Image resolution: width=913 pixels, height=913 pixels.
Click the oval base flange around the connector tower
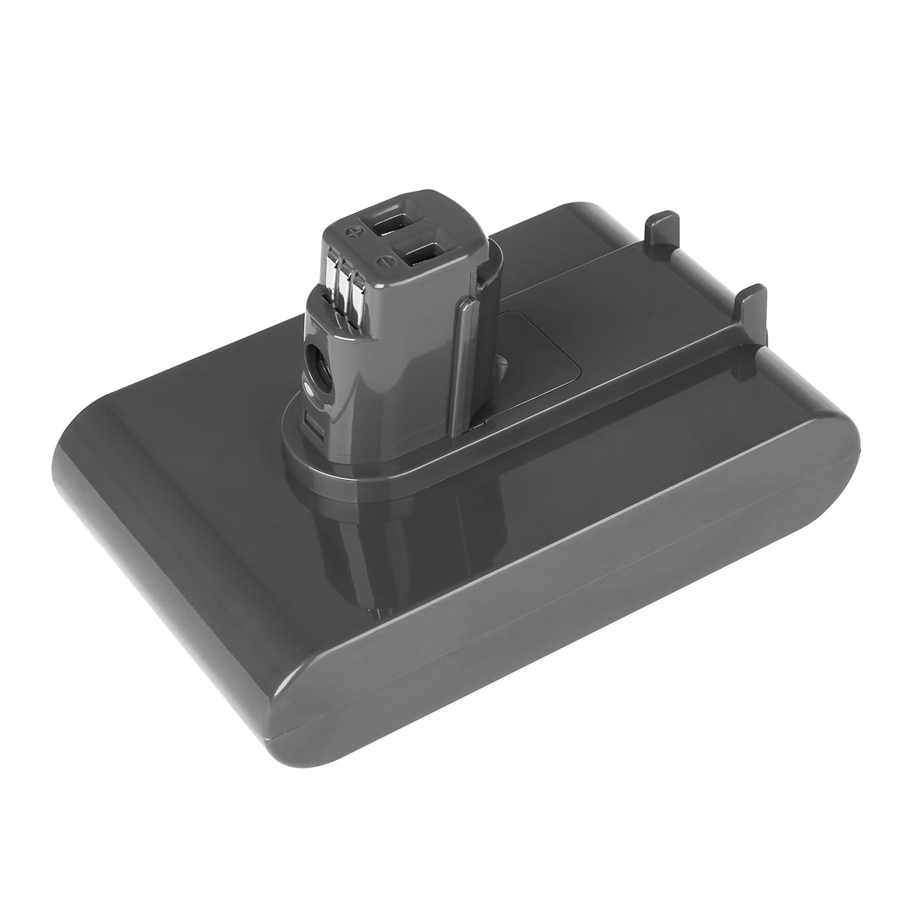pyautogui.click(x=365, y=469)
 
